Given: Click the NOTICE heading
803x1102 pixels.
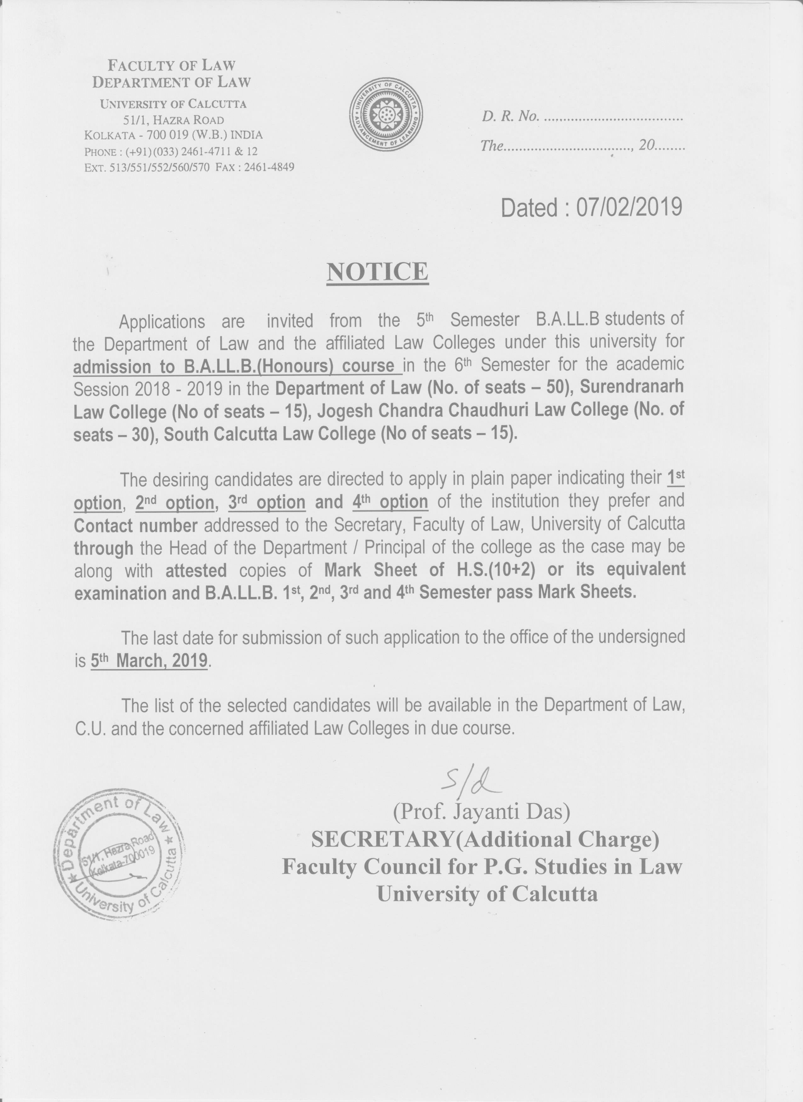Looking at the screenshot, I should (x=377, y=272).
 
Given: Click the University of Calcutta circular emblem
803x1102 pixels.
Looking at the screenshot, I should (x=386, y=114).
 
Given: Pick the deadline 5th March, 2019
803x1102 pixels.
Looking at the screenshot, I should (x=149, y=661).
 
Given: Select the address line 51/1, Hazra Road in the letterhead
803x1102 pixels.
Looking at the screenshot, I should (x=173, y=120).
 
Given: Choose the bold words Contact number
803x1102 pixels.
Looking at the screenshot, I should (x=136, y=525).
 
